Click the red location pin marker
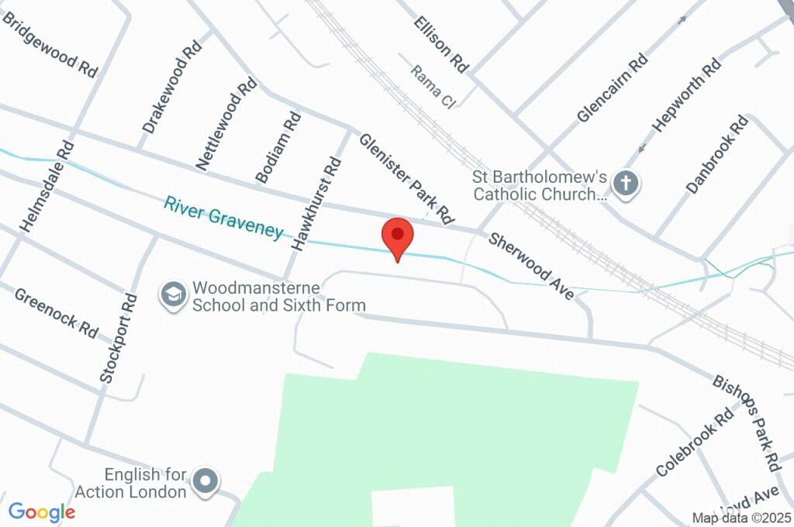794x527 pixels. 398,236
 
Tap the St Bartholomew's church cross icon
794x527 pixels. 626,184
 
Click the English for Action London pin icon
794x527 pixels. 205,480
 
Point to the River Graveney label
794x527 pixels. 223,218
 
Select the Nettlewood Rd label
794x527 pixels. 226,123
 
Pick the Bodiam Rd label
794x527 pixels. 278,147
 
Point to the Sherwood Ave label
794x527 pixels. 531,266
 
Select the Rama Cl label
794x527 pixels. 433,86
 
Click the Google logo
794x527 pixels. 42,511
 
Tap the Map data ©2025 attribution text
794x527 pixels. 741,518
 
